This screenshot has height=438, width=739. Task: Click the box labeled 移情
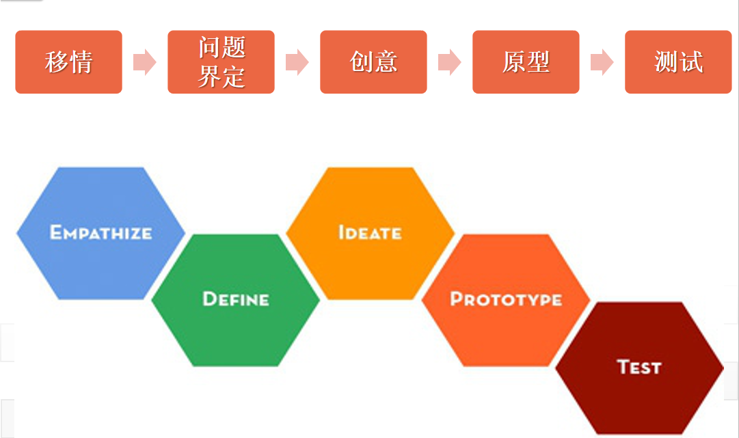point(68,62)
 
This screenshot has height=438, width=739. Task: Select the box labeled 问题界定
point(221,62)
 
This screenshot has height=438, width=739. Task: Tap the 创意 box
point(373,62)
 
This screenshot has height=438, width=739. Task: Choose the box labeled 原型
point(526,62)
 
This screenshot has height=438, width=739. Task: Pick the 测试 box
point(678,62)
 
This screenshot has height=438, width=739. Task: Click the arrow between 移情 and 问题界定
point(144,62)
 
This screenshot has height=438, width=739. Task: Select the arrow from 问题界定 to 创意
point(297,62)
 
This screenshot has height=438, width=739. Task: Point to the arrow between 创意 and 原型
point(449,62)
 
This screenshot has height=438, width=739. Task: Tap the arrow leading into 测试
point(602,62)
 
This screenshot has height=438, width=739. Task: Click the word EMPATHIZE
point(100,232)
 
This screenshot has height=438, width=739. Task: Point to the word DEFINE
point(236,299)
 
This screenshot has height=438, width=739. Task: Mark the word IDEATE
point(370,232)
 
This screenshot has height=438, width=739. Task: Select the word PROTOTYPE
point(506,299)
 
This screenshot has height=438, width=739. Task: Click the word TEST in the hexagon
point(639,367)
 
